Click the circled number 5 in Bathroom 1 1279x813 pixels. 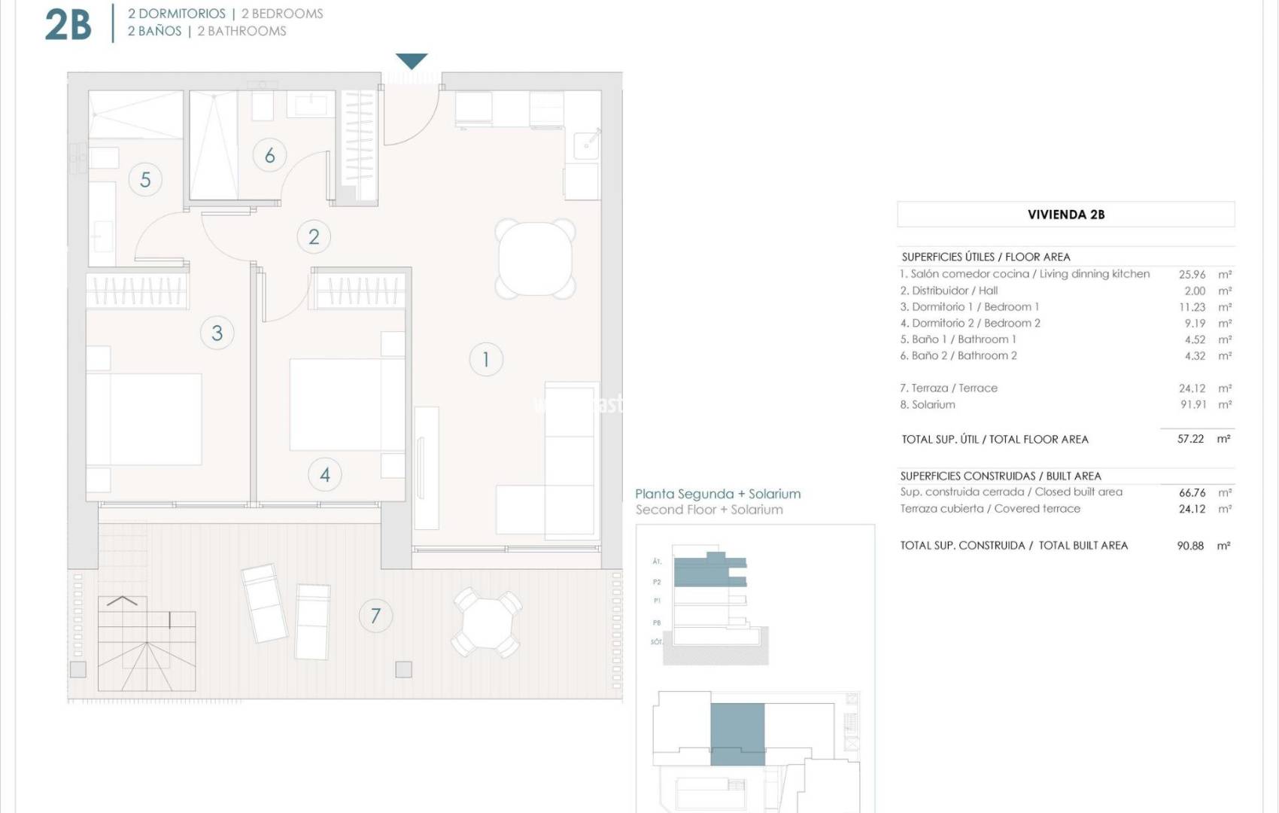coord(145,179)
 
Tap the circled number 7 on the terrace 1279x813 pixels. coord(375,616)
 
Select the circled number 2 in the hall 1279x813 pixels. coord(314,236)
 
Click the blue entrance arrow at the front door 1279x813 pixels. coord(412,61)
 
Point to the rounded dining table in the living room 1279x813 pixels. coord(536,257)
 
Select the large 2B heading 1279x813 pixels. coord(68,24)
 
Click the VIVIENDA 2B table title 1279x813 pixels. coord(1065,215)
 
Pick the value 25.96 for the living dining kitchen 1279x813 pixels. coord(1192,275)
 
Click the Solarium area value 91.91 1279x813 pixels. coord(1192,404)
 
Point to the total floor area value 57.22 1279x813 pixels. coord(1190,439)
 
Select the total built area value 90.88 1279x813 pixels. coord(1190,546)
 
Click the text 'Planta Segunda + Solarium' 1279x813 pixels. coord(718,494)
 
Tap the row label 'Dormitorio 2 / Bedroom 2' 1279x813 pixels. coord(970,323)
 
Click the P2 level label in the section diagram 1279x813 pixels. coord(657,582)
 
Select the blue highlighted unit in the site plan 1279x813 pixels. coord(737,734)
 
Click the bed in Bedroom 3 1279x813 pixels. coord(144,419)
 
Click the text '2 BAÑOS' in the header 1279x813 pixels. coord(154,31)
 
